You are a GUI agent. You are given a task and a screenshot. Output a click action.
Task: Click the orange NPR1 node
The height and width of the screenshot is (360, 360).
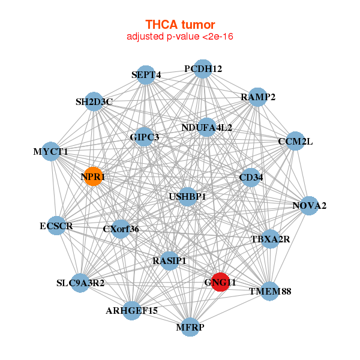point(93,176)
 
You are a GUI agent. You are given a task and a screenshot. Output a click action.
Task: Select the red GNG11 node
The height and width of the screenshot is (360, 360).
point(220,282)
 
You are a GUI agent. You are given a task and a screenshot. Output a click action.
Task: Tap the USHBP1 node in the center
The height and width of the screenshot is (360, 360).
point(188,197)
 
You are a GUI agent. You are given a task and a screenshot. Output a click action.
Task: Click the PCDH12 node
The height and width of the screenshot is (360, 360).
point(203,69)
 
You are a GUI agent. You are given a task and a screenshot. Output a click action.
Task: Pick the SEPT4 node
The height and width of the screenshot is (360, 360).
point(146,75)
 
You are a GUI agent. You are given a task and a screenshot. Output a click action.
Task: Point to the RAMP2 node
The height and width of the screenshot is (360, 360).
point(257,97)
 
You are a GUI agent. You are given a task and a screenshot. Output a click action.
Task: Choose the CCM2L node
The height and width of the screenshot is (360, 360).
point(295,141)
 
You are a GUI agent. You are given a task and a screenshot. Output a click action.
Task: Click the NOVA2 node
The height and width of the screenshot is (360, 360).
point(310,206)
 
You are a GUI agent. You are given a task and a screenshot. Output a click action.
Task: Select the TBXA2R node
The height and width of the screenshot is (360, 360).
point(270,239)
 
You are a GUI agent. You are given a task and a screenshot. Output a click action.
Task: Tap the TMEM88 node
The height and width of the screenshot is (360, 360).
point(270,291)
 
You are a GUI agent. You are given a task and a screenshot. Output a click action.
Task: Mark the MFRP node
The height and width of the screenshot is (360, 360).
point(190,327)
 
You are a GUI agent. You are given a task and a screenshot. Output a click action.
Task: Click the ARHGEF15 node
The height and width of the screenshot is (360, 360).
point(132,311)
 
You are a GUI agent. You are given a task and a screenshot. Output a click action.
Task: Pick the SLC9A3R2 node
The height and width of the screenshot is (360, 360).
point(80,283)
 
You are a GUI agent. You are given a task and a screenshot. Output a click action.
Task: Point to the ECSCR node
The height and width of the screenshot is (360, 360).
point(56,226)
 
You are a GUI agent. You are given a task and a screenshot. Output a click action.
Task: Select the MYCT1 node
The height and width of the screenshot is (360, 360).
point(51,152)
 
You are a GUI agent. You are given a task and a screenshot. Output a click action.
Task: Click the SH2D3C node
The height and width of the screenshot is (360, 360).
point(94,102)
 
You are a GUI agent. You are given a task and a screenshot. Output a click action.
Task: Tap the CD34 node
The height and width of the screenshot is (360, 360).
point(251,178)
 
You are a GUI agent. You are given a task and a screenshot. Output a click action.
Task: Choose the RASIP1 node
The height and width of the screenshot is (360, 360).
point(169,261)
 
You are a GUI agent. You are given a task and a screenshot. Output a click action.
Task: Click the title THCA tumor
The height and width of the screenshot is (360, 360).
point(180,25)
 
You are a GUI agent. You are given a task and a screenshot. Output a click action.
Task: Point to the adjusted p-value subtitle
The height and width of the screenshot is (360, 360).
point(180,37)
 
